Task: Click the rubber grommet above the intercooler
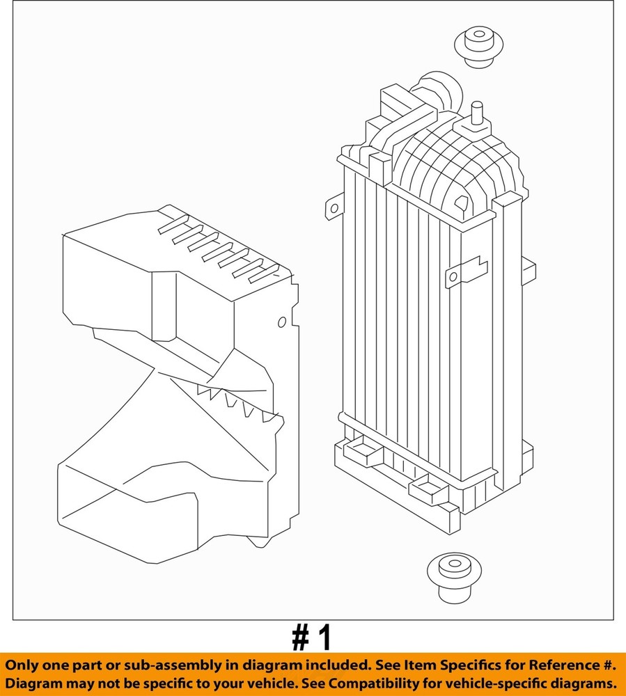point(478,47)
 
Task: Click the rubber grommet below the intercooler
point(454,578)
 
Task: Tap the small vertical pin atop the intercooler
point(477,113)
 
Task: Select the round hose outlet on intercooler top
point(439,91)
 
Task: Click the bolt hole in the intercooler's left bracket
point(334,207)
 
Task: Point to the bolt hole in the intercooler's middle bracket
point(453,277)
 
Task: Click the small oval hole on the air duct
point(282,322)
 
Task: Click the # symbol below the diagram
point(301,638)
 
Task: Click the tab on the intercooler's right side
point(529,271)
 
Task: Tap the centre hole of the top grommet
point(479,34)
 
